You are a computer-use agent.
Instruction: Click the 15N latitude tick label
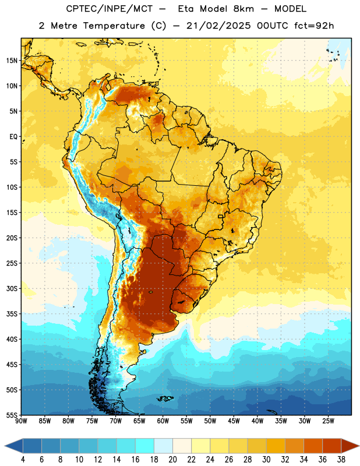pyautogui.click(x=12, y=61)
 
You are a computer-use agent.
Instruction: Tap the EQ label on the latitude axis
pyautogui.click(x=13, y=137)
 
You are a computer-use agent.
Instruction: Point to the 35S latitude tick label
pyautogui.click(x=12, y=314)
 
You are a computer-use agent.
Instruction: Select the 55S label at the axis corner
pyautogui.click(x=12, y=415)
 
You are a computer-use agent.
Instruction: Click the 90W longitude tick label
pyautogui.click(x=21, y=421)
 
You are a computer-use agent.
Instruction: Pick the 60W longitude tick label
pyautogui.click(x=163, y=421)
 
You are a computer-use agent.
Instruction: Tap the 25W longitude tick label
pyautogui.click(x=328, y=421)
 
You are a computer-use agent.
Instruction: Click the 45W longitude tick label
pyautogui.click(x=234, y=421)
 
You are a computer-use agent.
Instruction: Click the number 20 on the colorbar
pyautogui.click(x=172, y=460)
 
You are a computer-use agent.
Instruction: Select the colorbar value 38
pyautogui.click(x=341, y=460)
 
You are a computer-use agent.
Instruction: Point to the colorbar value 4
pyautogui.click(x=23, y=460)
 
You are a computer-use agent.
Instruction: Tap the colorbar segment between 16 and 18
pyautogui.click(x=144, y=446)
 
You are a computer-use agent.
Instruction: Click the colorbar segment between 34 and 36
pyautogui.click(x=313, y=446)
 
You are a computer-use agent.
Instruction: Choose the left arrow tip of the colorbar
pyautogui.click(x=5, y=446)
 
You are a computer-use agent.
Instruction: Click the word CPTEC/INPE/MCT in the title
pyautogui.click(x=109, y=9)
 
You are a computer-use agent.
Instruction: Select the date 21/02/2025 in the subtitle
pyautogui.click(x=218, y=26)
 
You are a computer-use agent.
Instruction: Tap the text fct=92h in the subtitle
pyautogui.click(x=314, y=26)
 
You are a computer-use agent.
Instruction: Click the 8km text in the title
pyautogui.click(x=243, y=9)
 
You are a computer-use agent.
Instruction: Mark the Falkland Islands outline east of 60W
pyautogui.click(x=165, y=398)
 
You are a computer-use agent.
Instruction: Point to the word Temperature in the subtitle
pyautogui.click(x=114, y=26)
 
